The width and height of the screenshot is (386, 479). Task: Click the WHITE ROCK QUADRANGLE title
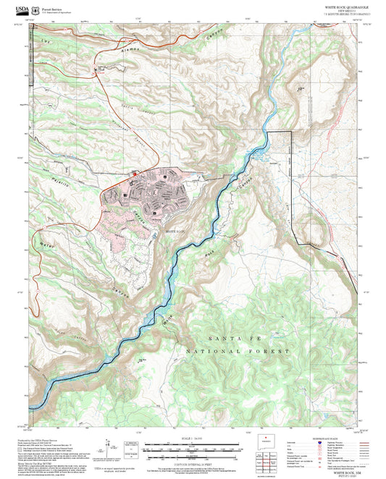pyautogui.click(x=346, y=7)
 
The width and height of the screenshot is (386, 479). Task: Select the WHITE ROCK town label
pyautogui.click(x=176, y=231)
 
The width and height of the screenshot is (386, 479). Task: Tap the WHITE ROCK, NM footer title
pyautogui.click(x=346, y=470)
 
